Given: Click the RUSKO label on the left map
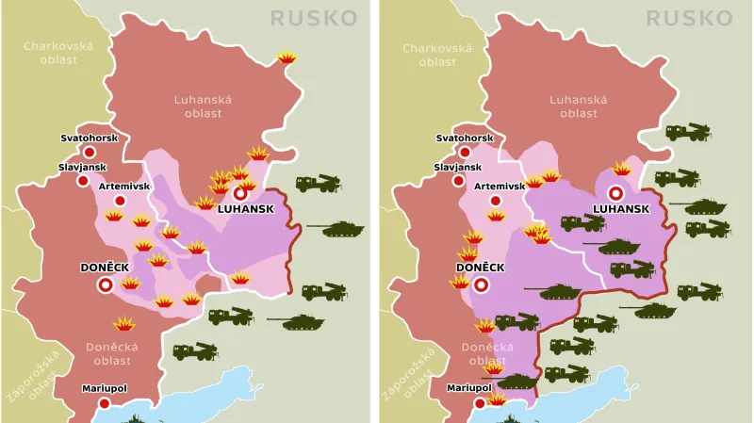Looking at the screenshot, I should coord(314,18).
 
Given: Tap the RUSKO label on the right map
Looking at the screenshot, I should coord(691,18).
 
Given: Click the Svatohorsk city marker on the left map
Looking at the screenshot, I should coord(89,152).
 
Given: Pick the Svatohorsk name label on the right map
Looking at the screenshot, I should coord(465,138).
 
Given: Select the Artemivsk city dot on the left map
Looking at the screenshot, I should coord(120,201).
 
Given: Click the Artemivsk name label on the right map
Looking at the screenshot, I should coord(500,186).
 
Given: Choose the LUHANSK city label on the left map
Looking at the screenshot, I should coord(245,208).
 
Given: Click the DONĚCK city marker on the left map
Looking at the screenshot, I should coord(106,283).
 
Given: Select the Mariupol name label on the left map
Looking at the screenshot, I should coord(105,386).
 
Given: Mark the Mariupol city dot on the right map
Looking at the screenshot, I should coord(482,402).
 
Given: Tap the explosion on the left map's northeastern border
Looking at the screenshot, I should coord(287,58).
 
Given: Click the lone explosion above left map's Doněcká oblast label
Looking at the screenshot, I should coord(123,324).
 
